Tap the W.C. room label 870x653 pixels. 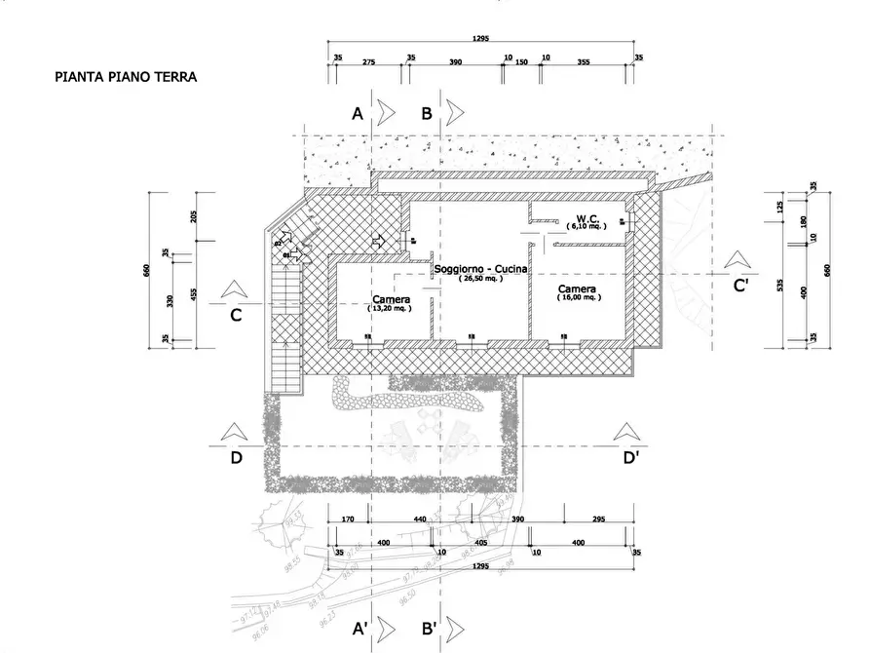(586, 218)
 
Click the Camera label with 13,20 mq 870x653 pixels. (390, 300)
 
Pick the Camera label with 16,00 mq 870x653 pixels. (577, 290)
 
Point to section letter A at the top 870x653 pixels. (358, 114)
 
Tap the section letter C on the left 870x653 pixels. (235, 315)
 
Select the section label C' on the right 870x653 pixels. (740, 286)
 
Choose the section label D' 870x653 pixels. (631, 458)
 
